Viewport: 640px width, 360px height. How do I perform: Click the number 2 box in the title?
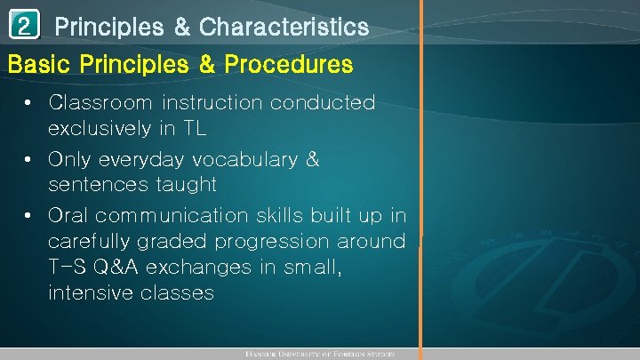pos(25,27)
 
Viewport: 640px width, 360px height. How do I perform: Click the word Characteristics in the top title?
pos(284,28)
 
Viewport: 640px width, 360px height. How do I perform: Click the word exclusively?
pos(100,129)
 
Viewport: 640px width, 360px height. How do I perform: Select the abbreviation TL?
pos(195,129)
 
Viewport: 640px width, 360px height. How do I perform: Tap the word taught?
pos(183,185)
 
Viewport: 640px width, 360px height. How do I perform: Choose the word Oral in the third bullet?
pos(68,216)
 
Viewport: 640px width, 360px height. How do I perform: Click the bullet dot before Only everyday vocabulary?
pos(30,161)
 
